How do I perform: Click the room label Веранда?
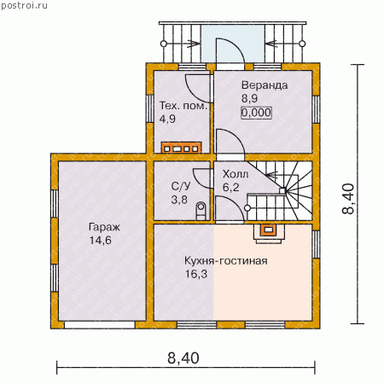265,85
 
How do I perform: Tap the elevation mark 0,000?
256,113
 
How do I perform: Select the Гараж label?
104,227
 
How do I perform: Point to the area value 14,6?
101,241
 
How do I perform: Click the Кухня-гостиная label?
226,260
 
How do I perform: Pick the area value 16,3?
196,274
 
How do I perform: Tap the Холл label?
236,174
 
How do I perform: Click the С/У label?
181,186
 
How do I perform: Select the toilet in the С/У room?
201,211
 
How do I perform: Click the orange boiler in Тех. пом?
181,148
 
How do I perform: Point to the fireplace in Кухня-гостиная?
268,234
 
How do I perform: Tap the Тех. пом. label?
183,106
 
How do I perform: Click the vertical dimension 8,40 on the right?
348,198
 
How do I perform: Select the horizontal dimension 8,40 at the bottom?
183,358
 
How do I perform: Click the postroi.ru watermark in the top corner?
24,6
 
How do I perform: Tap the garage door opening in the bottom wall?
100,325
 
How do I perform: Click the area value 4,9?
167,119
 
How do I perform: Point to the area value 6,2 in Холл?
230,187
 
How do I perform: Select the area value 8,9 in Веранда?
249,98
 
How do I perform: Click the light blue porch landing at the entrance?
233,44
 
